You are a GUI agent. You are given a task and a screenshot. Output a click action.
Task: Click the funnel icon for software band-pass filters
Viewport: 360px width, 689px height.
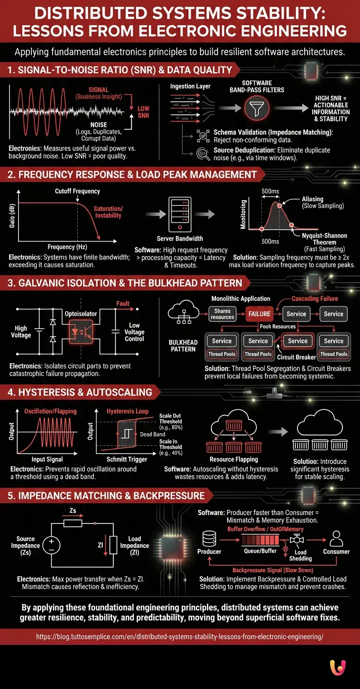(256, 108)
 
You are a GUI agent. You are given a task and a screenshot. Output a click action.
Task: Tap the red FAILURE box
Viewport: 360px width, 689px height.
(259, 314)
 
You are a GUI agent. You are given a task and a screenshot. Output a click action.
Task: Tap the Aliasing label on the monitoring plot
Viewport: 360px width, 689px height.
(313, 199)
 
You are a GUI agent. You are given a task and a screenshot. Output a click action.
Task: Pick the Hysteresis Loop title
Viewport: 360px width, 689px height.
(127, 411)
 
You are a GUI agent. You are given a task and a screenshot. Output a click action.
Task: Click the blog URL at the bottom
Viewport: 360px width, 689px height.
(180, 637)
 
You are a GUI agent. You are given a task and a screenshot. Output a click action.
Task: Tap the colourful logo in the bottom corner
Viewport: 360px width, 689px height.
(338, 667)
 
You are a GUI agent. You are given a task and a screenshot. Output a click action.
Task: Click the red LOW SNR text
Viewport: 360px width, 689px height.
(143, 112)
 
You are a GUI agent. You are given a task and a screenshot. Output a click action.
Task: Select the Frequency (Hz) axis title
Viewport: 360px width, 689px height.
(67, 247)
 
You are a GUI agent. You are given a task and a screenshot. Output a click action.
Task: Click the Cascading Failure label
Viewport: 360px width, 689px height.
(315, 299)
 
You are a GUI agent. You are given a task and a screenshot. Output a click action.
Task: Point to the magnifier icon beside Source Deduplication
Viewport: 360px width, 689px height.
(203, 153)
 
